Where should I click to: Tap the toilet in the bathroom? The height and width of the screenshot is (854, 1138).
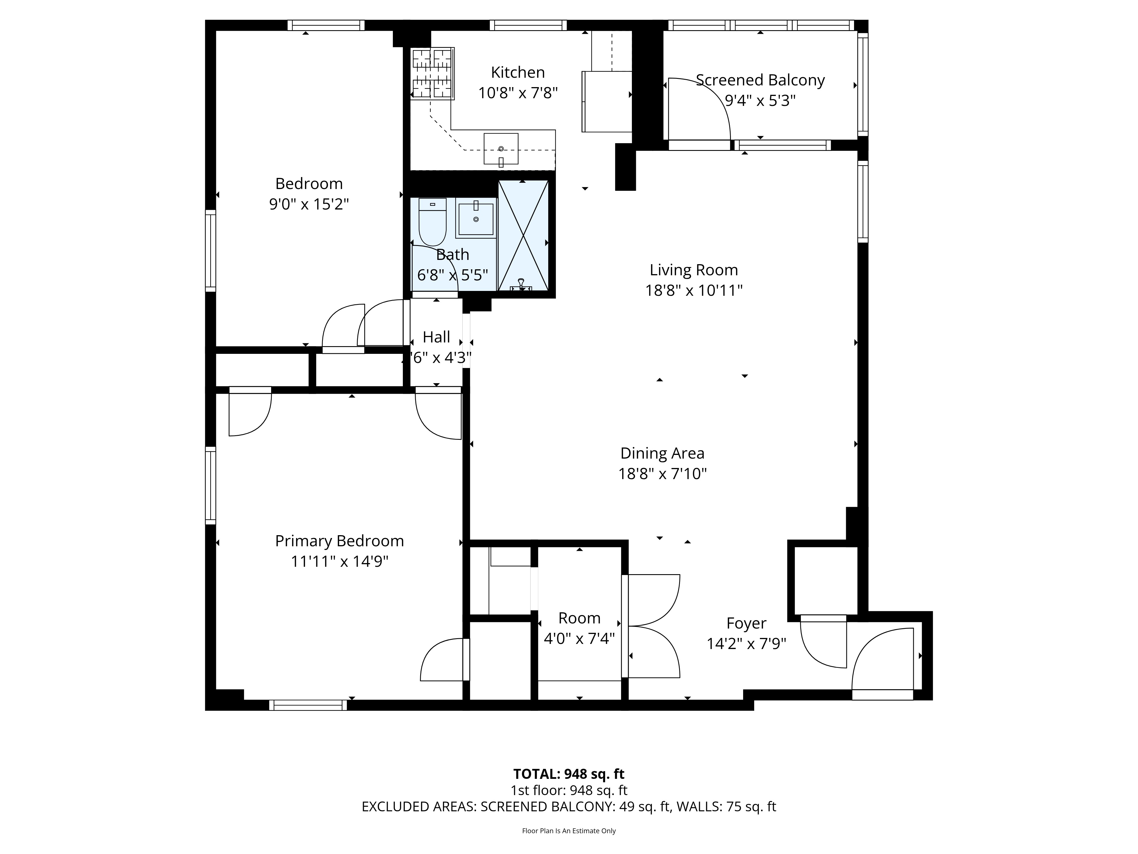[432, 222]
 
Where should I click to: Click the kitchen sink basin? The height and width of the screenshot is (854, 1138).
[500, 149]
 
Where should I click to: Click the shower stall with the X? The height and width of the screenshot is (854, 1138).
[523, 236]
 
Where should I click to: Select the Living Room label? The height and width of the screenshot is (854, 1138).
[694, 270]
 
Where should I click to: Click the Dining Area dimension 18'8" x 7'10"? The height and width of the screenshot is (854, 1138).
[662, 474]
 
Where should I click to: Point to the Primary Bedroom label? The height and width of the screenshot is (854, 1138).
[339, 541]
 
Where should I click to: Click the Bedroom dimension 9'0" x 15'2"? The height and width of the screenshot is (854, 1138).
[309, 204]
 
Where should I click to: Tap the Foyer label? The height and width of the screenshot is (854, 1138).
[746, 623]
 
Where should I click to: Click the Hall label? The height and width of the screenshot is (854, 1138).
[436, 337]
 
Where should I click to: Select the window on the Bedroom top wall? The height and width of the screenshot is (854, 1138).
[326, 25]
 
